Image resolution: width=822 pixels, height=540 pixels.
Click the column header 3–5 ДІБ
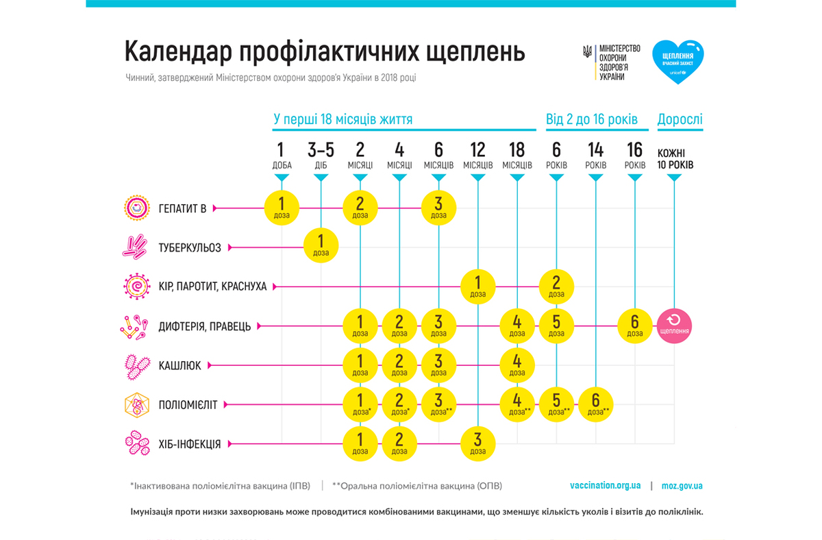[x=321, y=156]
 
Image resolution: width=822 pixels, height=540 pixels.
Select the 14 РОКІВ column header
[x=595, y=156]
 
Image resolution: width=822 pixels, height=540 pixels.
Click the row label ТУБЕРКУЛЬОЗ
[x=190, y=247]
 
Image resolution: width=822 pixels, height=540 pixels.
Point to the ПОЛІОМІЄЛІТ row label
[x=188, y=405]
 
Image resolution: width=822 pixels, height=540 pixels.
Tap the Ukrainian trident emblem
[x=587, y=52]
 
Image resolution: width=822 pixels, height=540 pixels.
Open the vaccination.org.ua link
[x=605, y=485]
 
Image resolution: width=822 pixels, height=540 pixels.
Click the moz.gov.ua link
[x=682, y=485]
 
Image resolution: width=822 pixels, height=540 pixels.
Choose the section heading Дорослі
[x=680, y=119]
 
